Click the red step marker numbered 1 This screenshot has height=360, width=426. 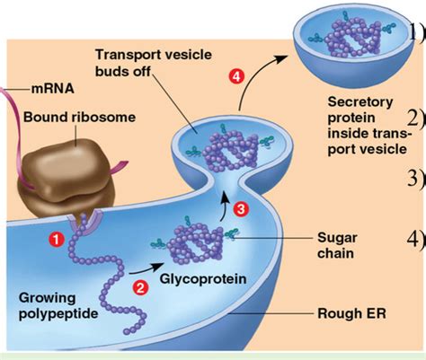[57, 240]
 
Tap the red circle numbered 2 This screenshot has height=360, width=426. [140, 288]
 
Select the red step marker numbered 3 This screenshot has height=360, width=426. [241, 209]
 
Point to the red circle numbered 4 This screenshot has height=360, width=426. [236, 76]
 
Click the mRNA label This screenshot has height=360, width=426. [52, 89]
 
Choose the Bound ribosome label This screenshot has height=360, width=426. [79, 117]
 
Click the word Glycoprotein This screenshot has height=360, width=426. [203, 279]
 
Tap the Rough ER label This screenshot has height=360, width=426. [351, 313]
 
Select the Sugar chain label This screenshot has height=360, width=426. [337, 245]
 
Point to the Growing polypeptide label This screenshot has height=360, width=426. [58, 306]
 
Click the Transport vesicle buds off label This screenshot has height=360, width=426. [154, 63]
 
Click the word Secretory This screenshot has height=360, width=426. [360, 102]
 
